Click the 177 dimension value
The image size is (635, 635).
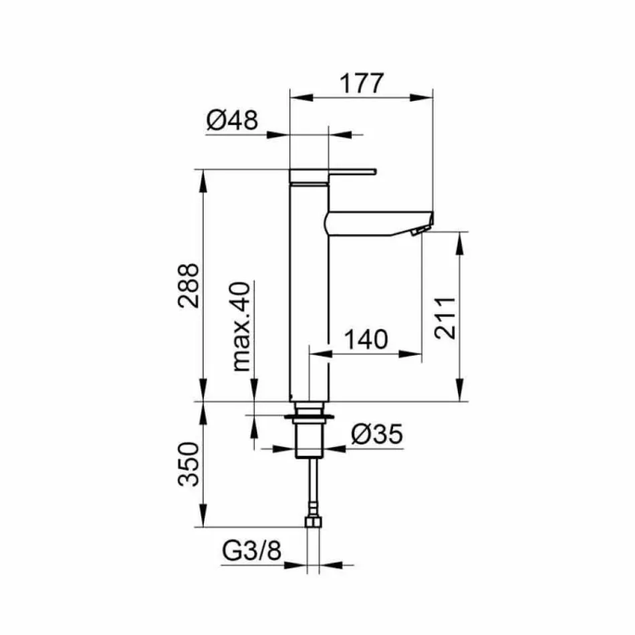(362, 84)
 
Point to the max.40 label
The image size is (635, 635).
(241, 326)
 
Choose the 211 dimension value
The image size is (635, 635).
(446, 317)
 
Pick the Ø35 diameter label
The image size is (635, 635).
(376, 436)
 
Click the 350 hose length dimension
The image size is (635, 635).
(189, 463)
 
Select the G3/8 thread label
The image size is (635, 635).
(251, 551)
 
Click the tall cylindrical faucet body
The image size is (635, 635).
(309, 287)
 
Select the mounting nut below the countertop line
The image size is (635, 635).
(308, 419)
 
